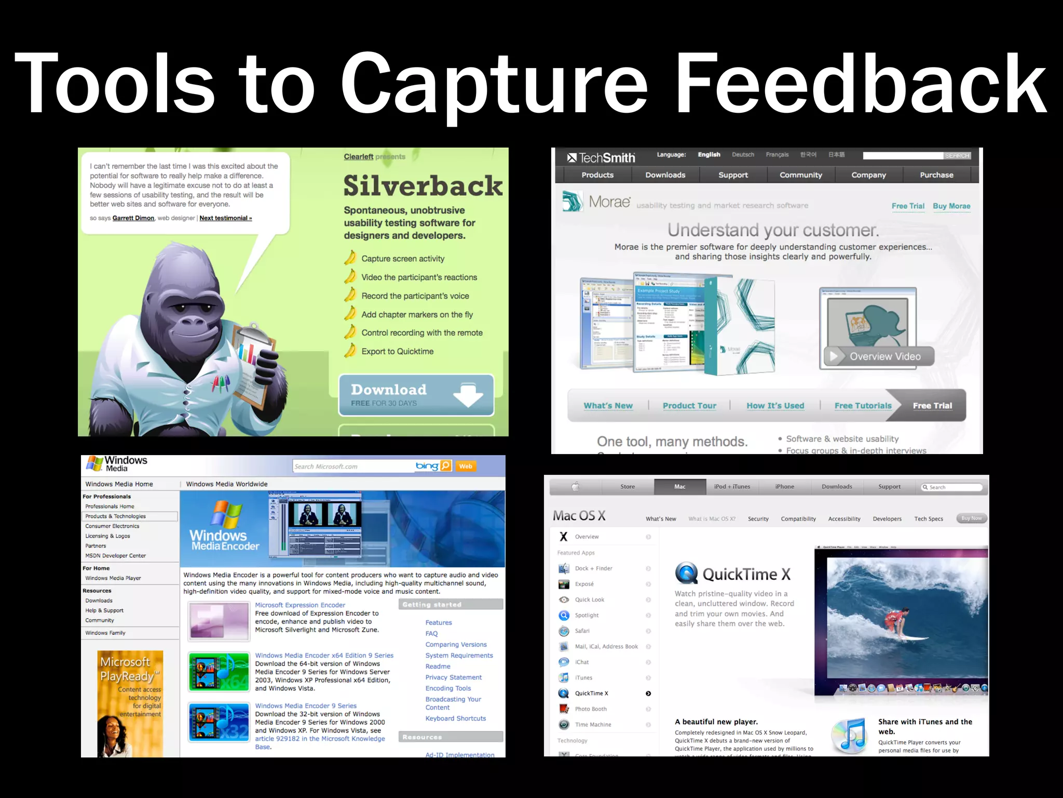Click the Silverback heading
pyautogui.click(x=423, y=186)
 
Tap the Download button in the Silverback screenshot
pyautogui.click(x=416, y=395)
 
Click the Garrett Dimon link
pyautogui.click(x=133, y=218)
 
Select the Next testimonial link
pyautogui.click(x=226, y=218)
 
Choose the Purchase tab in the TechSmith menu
pyautogui.click(x=936, y=175)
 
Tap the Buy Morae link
pyautogui.click(x=951, y=206)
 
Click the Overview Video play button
pyautogui.click(x=834, y=356)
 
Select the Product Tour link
pyautogui.click(x=689, y=406)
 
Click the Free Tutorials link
pyautogui.click(x=863, y=406)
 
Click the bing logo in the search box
pyautogui.click(x=427, y=466)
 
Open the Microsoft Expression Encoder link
pyautogui.click(x=300, y=605)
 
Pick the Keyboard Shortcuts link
pyautogui.click(x=456, y=719)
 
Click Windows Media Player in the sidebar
pyautogui.click(x=113, y=578)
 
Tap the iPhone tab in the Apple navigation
pyautogui.click(x=784, y=487)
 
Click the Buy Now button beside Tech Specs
pyautogui.click(x=971, y=518)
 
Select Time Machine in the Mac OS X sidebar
pyautogui.click(x=593, y=725)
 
